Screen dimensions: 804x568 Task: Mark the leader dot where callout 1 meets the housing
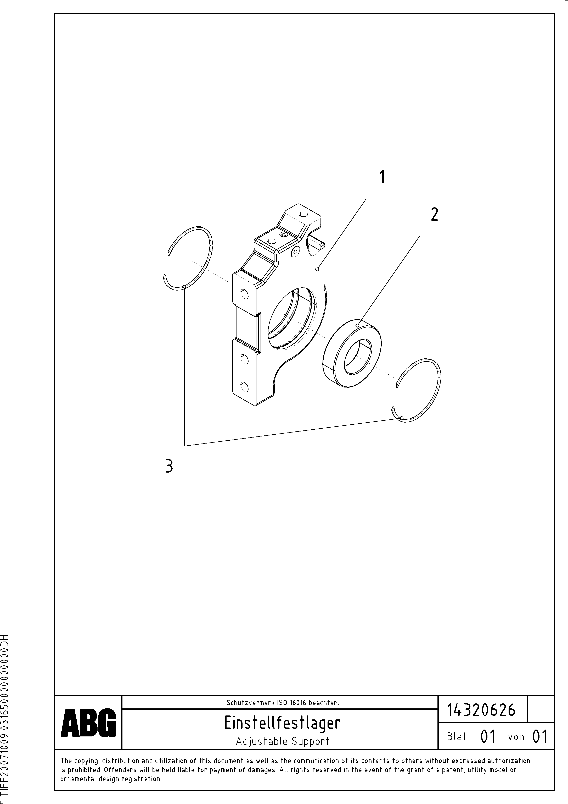(317, 269)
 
